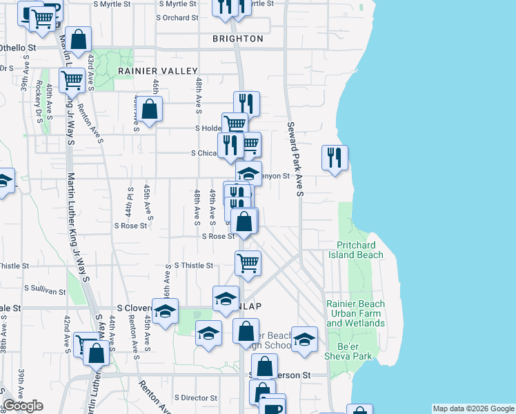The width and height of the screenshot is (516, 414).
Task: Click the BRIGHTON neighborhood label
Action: click(x=238, y=39)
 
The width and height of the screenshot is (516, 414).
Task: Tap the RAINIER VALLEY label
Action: click(x=158, y=71)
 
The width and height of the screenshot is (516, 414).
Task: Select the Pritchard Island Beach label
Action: click(x=359, y=250)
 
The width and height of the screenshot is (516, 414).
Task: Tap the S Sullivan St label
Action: click(x=47, y=288)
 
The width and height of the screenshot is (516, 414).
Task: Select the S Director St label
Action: click(x=196, y=398)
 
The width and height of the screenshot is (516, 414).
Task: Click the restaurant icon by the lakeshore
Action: click(x=335, y=158)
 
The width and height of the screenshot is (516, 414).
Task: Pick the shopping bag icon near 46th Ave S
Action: click(x=149, y=108)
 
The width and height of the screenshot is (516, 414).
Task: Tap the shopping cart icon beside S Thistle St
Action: click(x=248, y=263)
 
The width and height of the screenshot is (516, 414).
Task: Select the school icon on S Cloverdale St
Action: click(x=165, y=311)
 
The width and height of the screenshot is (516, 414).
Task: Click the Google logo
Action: click(x=23, y=406)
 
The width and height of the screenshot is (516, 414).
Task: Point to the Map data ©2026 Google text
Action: click(x=473, y=408)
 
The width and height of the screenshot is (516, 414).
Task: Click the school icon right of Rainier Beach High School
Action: click(x=304, y=339)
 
